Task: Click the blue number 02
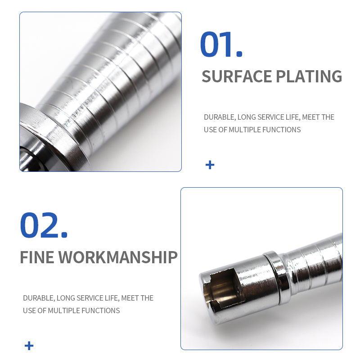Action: [40, 225]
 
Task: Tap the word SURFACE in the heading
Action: [237, 76]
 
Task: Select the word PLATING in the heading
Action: [309, 76]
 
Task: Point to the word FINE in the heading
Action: [37, 257]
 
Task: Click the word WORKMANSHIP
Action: [118, 257]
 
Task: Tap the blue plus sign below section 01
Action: [210, 165]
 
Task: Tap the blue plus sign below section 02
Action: [29, 346]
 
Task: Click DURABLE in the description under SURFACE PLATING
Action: [220, 117]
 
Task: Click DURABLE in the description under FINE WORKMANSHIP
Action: [39, 298]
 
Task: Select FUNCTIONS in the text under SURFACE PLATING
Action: [282, 130]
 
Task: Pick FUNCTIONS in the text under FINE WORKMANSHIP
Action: [100, 310]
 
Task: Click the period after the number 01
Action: [239, 54]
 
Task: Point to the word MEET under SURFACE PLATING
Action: [311, 117]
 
